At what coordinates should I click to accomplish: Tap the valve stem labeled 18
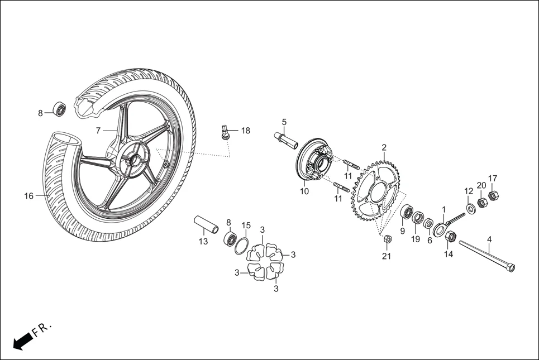click(225, 133)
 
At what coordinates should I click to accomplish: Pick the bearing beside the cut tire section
click(59, 109)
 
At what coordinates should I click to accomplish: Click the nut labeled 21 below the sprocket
click(388, 239)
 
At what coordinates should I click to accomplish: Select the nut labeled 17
click(493, 195)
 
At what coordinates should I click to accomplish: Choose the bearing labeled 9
click(408, 213)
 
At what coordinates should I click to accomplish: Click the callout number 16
click(29, 196)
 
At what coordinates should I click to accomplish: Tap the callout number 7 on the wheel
click(98, 131)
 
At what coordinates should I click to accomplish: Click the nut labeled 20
click(481, 201)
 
